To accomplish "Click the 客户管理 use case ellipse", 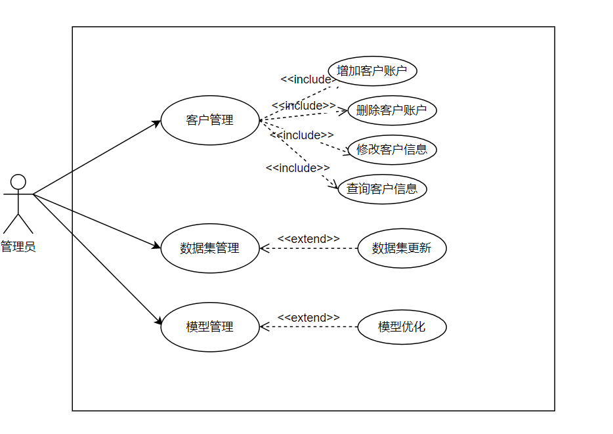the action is click(x=210, y=120).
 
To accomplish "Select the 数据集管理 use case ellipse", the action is click(x=210, y=248).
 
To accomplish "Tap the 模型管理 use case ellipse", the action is click(x=210, y=326).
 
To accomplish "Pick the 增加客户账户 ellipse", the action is click(x=372, y=71).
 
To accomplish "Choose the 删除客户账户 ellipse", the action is click(x=392, y=110).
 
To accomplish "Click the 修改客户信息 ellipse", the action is click(x=392, y=150).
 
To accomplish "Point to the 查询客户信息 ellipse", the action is click(x=382, y=189).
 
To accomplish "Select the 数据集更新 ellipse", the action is click(x=402, y=248).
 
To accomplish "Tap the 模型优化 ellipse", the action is click(x=402, y=326).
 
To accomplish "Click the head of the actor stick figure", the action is click(x=18, y=181).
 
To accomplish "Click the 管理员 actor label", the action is click(x=18, y=247).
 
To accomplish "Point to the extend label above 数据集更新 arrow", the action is click(x=308, y=239).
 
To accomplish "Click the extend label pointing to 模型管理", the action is click(x=308, y=318).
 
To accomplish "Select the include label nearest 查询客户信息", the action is click(x=298, y=168).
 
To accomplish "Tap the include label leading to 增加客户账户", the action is click(x=306, y=79).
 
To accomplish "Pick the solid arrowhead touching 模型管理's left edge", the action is click(x=158, y=322).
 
